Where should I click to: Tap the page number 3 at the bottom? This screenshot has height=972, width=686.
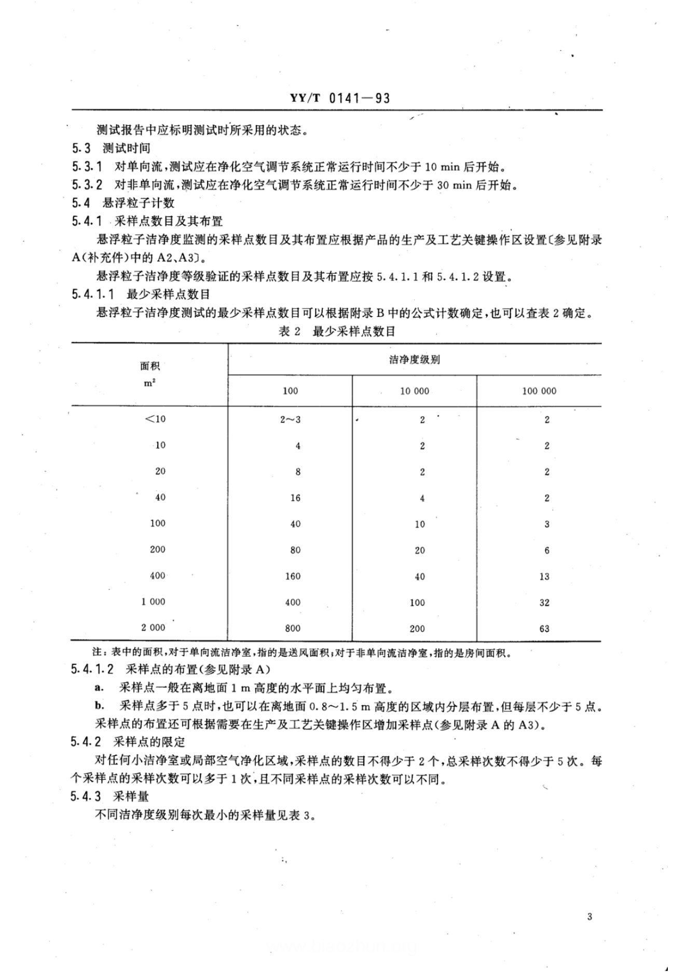(589, 916)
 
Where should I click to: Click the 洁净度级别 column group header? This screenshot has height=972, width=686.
(414, 359)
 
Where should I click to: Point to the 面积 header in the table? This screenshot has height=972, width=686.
(150, 366)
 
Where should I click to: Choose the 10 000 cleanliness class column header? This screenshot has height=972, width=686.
(414, 391)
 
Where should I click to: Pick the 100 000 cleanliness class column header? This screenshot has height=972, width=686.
(539, 391)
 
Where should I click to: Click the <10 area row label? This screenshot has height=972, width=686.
(155, 419)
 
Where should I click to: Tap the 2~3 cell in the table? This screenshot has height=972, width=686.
(290, 419)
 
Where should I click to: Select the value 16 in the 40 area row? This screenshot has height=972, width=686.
(295, 498)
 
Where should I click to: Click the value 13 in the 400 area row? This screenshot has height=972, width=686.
(544, 576)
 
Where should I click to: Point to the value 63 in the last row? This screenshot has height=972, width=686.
(544, 629)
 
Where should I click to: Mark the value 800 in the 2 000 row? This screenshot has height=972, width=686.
(293, 629)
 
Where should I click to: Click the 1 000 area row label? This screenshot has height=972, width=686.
(153, 602)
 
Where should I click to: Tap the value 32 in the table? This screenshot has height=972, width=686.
(544, 603)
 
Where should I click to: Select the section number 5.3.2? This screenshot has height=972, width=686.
(87, 184)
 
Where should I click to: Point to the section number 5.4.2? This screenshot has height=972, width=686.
(86, 741)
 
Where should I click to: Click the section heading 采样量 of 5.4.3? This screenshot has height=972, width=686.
(131, 796)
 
